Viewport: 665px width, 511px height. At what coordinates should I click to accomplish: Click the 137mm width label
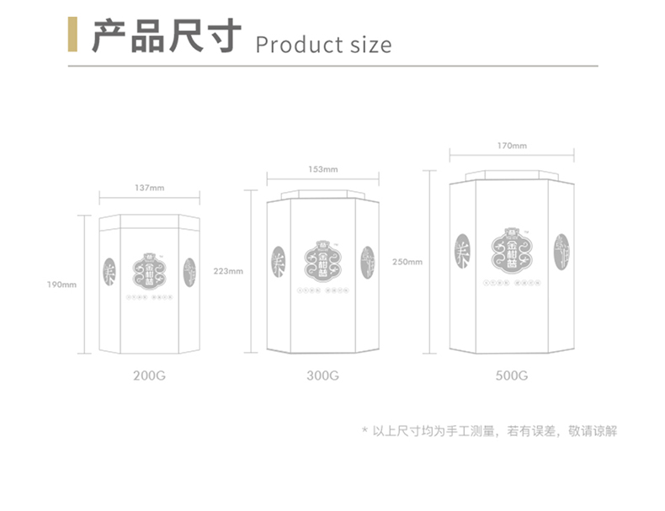click(x=150, y=188)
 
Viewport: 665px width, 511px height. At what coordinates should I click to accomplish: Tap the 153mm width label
click(x=322, y=169)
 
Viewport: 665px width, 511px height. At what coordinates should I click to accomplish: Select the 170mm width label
click(x=512, y=146)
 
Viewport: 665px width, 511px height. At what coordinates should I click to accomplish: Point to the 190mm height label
click(x=61, y=284)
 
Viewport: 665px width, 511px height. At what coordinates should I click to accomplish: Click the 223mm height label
click(x=228, y=271)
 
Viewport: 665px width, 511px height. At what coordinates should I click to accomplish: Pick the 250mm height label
click(x=407, y=262)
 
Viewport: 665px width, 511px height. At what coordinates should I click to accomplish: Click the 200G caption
click(x=150, y=375)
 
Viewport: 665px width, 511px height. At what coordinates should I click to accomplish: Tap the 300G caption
click(x=322, y=375)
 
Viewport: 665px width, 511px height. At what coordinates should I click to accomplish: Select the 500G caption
click(x=512, y=375)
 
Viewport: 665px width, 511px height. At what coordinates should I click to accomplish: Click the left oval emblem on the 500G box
click(x=461, y=252)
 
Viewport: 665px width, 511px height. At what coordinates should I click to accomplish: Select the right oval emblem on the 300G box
click(x=368, y=261)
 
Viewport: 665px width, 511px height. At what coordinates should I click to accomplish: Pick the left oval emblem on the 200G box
click(x=109, y=270)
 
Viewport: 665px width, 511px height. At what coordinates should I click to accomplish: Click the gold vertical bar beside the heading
click(x=72, y=34)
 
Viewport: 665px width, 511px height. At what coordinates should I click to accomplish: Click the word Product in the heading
click(x=290, y=44)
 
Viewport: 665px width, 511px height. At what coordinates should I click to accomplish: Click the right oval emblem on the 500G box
click(x=561, y=252)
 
